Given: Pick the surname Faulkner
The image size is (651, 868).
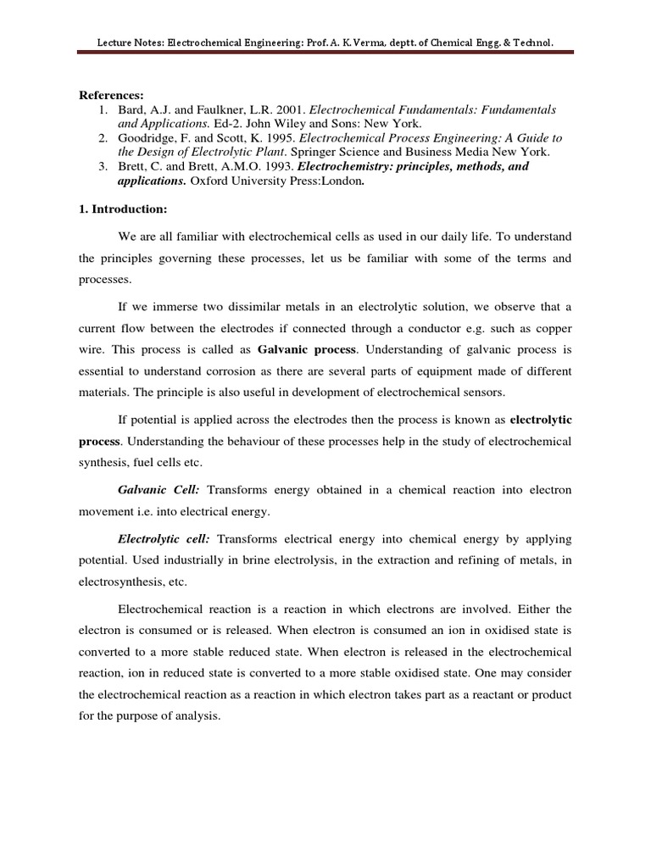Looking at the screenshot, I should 208,110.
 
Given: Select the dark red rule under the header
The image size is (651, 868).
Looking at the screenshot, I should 325,53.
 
